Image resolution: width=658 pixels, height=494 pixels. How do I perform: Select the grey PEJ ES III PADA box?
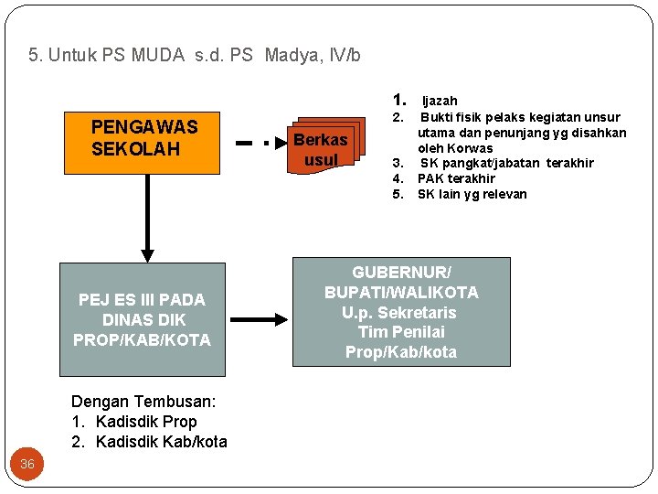pyautogui.click(x=143, y=319)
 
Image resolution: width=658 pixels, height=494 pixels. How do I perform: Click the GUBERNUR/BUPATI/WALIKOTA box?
pyautogui.click(x=400, y=312)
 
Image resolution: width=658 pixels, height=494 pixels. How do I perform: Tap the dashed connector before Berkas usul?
pyautogui.click(x=250, y=143)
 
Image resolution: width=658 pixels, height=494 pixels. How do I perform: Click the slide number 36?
pyautogui.click(x=27, y=464)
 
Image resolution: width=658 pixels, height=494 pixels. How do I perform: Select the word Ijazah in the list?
pyautogui.click(x=440, y=101)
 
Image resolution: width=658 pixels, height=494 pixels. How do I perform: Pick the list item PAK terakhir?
pyautogui.click(x=456, y=178)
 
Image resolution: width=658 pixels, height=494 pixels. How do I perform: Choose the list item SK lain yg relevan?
pyautogui.click(x=472, y=194)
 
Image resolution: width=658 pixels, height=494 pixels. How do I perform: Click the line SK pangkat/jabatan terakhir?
pyautogui.click(x=506, y=163)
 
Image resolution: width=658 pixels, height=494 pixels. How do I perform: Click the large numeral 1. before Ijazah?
pyautogui.click(x=398, y=100)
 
